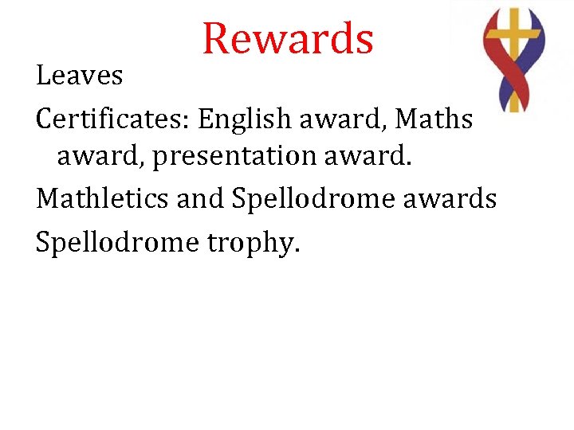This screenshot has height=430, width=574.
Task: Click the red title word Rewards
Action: click(288, 37)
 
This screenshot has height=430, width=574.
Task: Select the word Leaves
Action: click(79, 76)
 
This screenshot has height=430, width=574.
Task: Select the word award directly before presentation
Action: click(100, 158)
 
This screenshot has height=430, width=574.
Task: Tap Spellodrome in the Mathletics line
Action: click(313, 199)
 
